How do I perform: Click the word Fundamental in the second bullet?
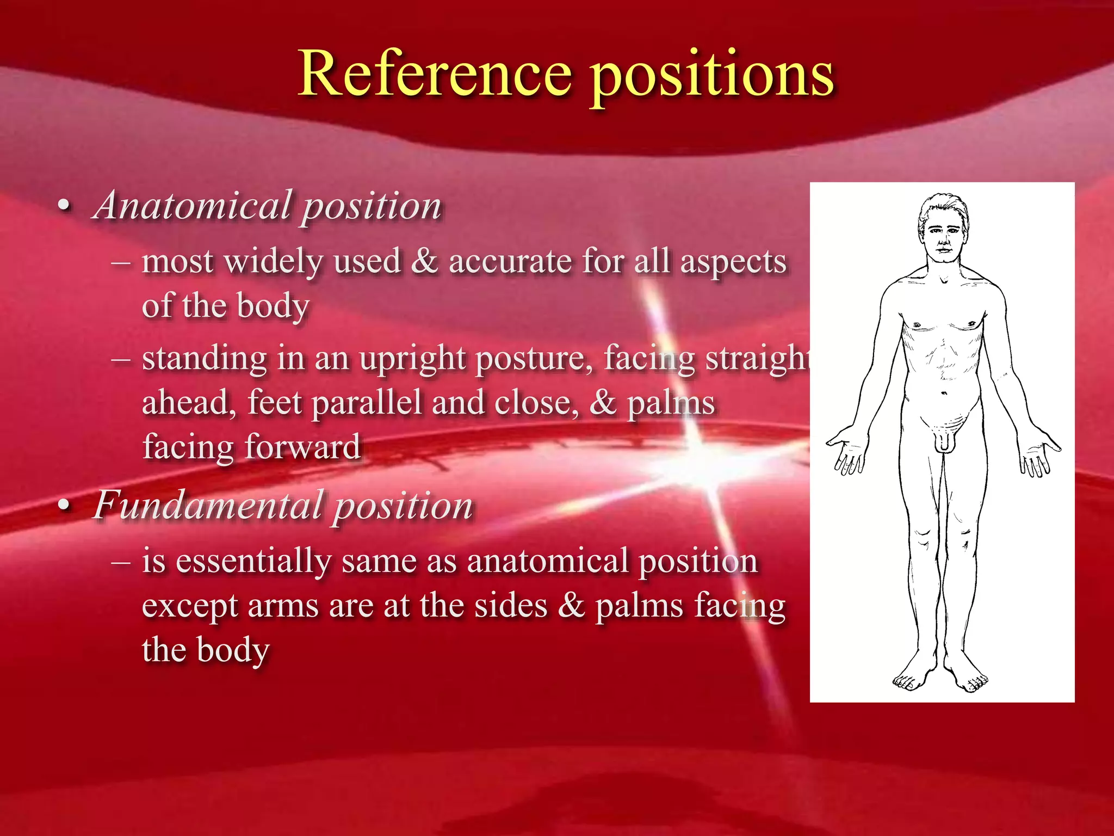(209, 505)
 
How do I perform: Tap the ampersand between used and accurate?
(424, 261)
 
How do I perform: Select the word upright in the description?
(411, 360)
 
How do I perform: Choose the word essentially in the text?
(253, 561)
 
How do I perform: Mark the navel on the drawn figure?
(944, 393)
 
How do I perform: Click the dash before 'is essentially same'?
(120, 561)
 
